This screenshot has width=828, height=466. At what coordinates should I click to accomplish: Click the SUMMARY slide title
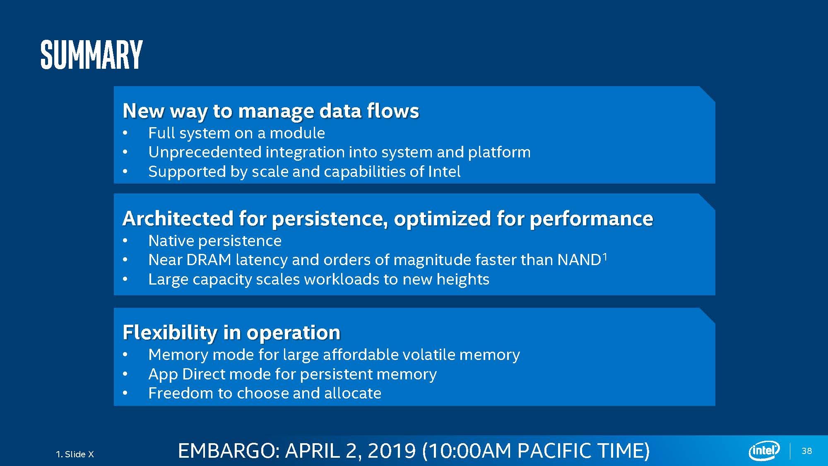point(91,55)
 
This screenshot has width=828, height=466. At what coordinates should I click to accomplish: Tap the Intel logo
point(764,450)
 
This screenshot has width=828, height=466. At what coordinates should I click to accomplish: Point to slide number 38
point(807,451)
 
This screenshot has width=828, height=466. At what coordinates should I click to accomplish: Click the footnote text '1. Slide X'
point(75,454)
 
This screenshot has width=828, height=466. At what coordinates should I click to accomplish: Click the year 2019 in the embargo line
point(392,451)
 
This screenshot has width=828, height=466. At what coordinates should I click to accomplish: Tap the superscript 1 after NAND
point(604,257)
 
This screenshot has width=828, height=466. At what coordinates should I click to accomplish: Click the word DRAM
point(209,260)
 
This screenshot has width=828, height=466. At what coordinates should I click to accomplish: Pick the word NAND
point(579,260)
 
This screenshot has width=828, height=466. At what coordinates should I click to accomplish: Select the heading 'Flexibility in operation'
point(231,332)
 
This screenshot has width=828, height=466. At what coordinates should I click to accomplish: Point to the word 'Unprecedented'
point(205,152)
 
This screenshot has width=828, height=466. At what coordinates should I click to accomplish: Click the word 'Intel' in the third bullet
point(444,171)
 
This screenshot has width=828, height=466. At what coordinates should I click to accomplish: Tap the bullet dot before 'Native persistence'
point(125,241)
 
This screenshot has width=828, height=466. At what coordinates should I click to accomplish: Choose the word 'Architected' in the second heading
point(178,218)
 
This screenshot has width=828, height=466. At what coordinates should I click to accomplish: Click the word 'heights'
point(463,280)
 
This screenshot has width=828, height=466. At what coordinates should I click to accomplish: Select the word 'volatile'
point(428,355)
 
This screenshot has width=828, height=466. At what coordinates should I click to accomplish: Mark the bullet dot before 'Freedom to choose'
point(125,393)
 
